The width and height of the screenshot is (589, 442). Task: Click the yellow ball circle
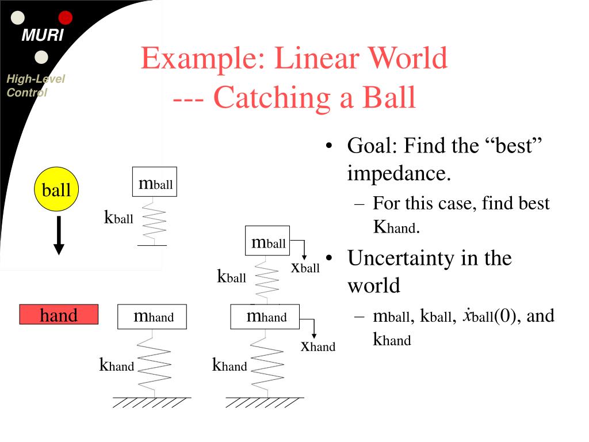(56, 189)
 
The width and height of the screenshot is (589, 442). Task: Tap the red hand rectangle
(59, 314)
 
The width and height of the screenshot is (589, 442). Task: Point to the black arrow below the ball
(59, 235)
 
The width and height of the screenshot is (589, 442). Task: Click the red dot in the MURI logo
(66, 18)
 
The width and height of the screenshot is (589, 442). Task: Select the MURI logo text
(43, 35)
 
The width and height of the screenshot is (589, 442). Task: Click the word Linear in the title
(317, 58)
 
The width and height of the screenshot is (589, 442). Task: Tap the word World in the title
(408, 58)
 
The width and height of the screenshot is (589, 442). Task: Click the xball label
(305, 268)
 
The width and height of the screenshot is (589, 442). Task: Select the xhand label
(318, 346)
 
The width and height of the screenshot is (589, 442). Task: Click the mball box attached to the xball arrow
(267, 241)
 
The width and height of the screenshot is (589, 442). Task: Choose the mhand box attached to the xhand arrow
(265, 317)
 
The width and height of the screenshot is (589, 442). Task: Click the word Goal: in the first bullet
(372, 146)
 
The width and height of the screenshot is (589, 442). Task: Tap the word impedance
(399, 174)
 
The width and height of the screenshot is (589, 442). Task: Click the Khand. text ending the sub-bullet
(396, 227)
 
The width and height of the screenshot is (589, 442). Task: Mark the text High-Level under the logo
(36, 78)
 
